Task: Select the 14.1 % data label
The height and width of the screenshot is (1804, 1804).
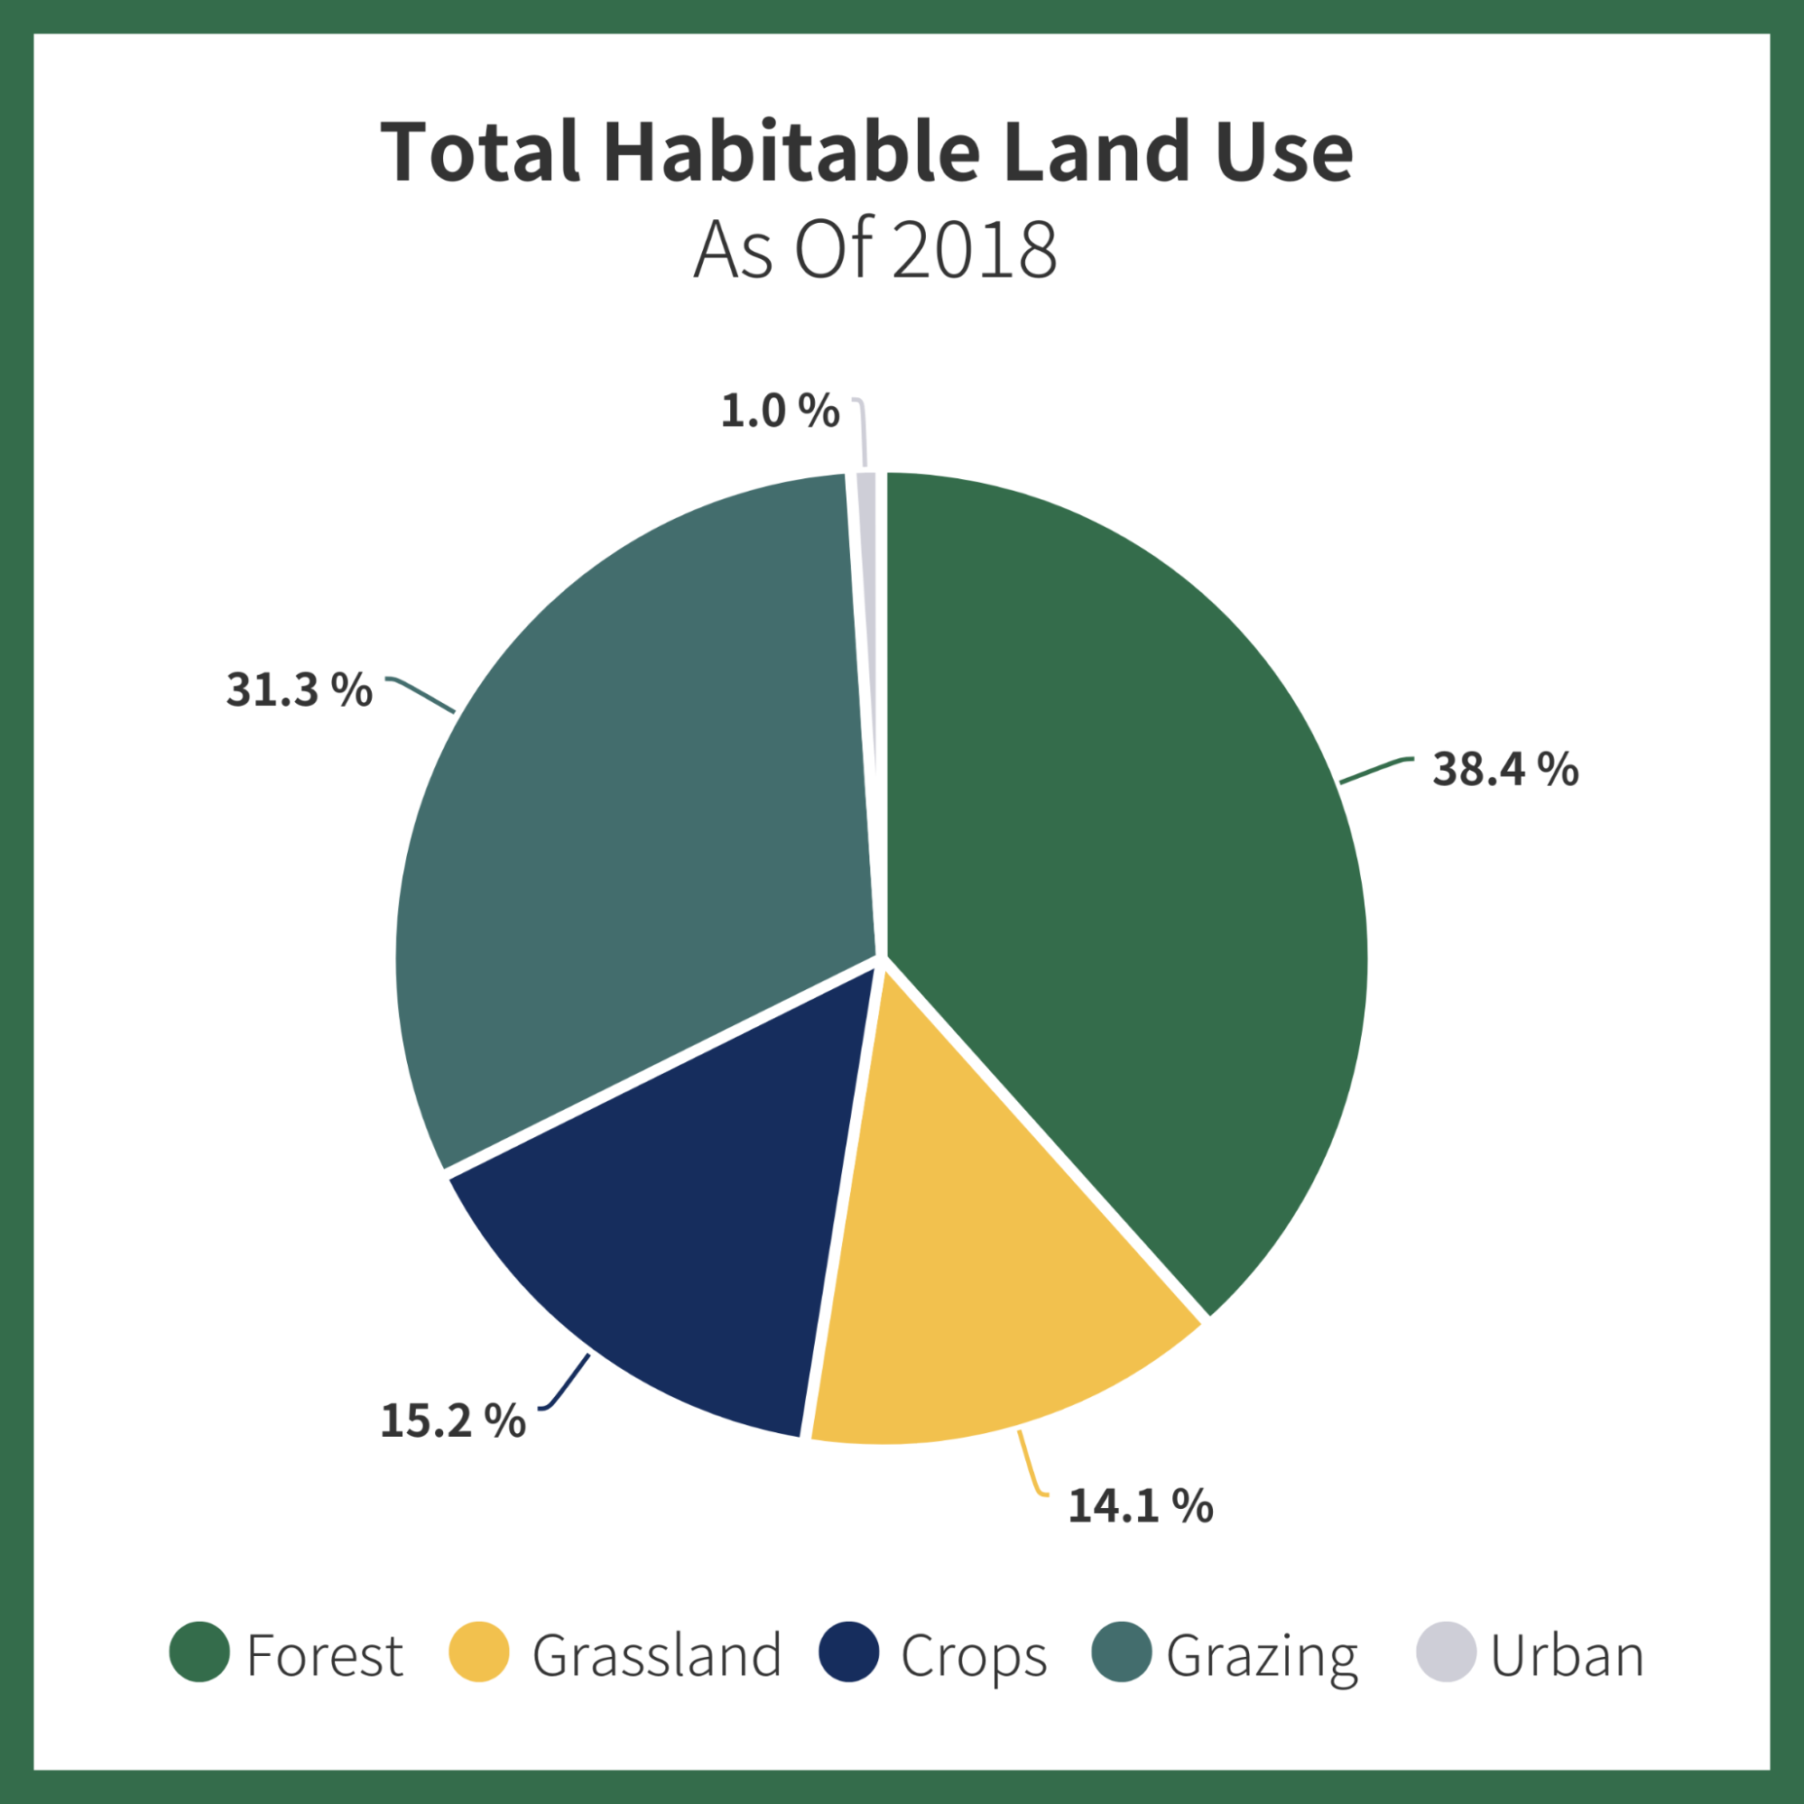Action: click(1140, 1506)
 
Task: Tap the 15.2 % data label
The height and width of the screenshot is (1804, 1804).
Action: click(453, 1420)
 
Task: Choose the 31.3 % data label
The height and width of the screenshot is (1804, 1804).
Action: click(299, 690)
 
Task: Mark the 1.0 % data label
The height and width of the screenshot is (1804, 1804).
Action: click(780, 412)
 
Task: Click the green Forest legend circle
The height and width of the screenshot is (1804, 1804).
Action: click(199, 1651)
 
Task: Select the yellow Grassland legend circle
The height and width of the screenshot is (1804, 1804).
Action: click(479, 1651)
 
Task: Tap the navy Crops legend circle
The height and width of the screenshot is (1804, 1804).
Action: click(849, 1651)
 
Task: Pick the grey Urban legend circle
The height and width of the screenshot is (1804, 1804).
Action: click(1447, 1651)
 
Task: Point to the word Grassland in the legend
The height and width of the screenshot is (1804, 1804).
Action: click(656, 1655)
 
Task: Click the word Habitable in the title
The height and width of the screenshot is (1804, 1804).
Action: click(791, 152)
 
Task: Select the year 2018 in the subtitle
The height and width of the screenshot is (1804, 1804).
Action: click(975, 250)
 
